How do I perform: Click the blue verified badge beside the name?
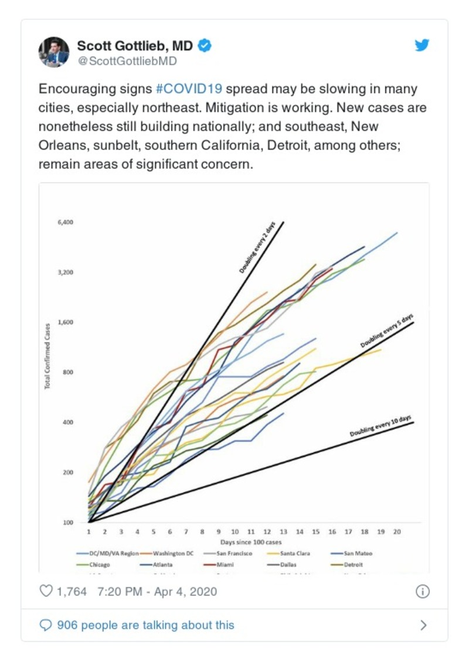(x=204, y=46)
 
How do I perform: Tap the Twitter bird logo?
(x=422, y=46)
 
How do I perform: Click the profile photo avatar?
(x=54, y=52)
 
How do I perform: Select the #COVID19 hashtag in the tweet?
(x=189, y=90)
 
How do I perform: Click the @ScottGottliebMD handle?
(x=127, y=61)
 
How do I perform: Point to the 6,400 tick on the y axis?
(x=65, y=222)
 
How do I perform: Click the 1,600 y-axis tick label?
(x=65, y=323)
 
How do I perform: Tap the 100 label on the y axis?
(x=68, y=523)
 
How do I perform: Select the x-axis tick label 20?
(x=397, y=532)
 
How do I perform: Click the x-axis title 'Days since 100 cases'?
(x=243, y=542)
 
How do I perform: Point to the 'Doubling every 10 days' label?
(x=380, y=426)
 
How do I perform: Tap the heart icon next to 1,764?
(x=46, y=591)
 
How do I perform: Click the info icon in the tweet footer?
(x=423, y=591)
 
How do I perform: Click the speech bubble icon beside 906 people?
(x=46, y=625)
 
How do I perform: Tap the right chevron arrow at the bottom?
(x=423, y=625)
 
